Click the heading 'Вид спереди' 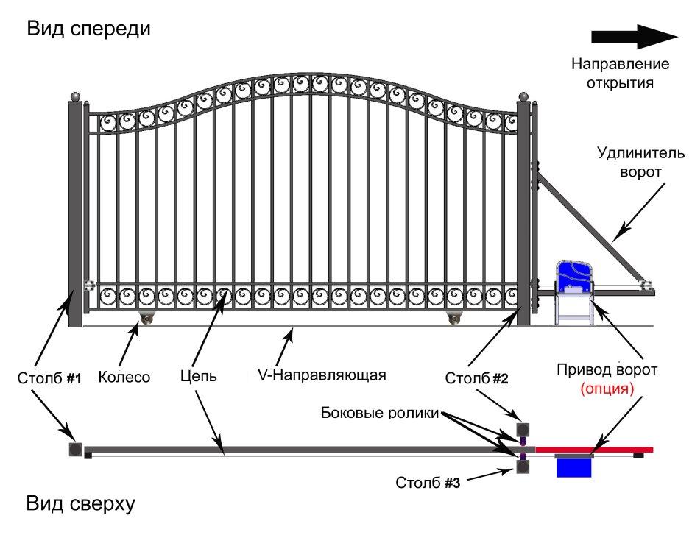click(x=88, y=29)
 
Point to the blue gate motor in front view click(x=575, y=280)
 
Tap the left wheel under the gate click(x=148, y=317)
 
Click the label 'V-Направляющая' click(x=322, y=375)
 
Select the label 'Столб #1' click(x=49, y=378)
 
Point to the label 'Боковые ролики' click(x=380, y=414)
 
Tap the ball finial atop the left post click(x=74, y=96)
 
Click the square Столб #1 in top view click(x=74, y=449)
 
